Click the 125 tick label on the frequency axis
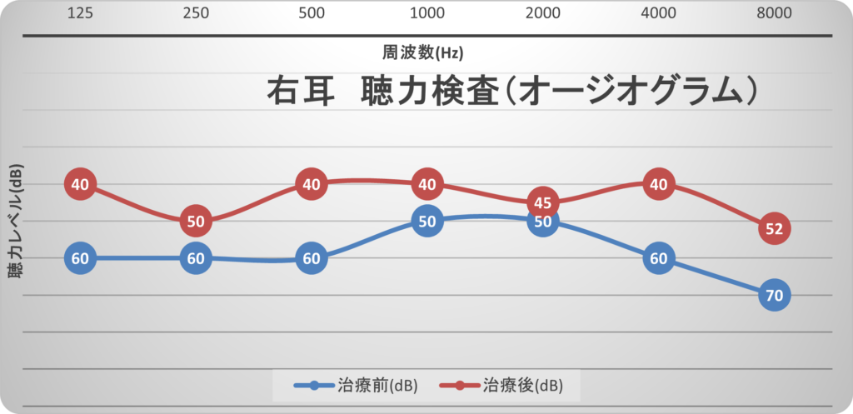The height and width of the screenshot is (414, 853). [x=80, y=14]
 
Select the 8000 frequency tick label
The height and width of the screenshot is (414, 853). [x=775, y=14]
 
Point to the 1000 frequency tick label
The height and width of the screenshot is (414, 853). [x=427, y=14]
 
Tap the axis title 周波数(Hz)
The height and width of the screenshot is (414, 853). [x=423, y=52]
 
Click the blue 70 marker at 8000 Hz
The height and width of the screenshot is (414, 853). [x=775, y=294]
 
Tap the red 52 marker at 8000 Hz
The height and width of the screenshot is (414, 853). [x=775, y=229]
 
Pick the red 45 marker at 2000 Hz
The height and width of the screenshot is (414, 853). [x=543, y=203]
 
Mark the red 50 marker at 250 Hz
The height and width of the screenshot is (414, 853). [x=196, y=222]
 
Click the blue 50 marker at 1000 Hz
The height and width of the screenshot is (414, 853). [x=427, y=222]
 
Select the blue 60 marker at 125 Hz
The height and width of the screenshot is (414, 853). [x=80, y=258]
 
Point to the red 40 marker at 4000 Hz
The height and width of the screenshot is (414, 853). [x=659, y=184]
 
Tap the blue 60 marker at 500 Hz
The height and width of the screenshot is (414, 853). [x=312, y=258]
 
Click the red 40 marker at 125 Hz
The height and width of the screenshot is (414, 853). [x=80, y=184]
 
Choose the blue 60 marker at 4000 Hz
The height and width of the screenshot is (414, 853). [x=659, y=258]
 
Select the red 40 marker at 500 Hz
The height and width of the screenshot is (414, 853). [x=312, y=184]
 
